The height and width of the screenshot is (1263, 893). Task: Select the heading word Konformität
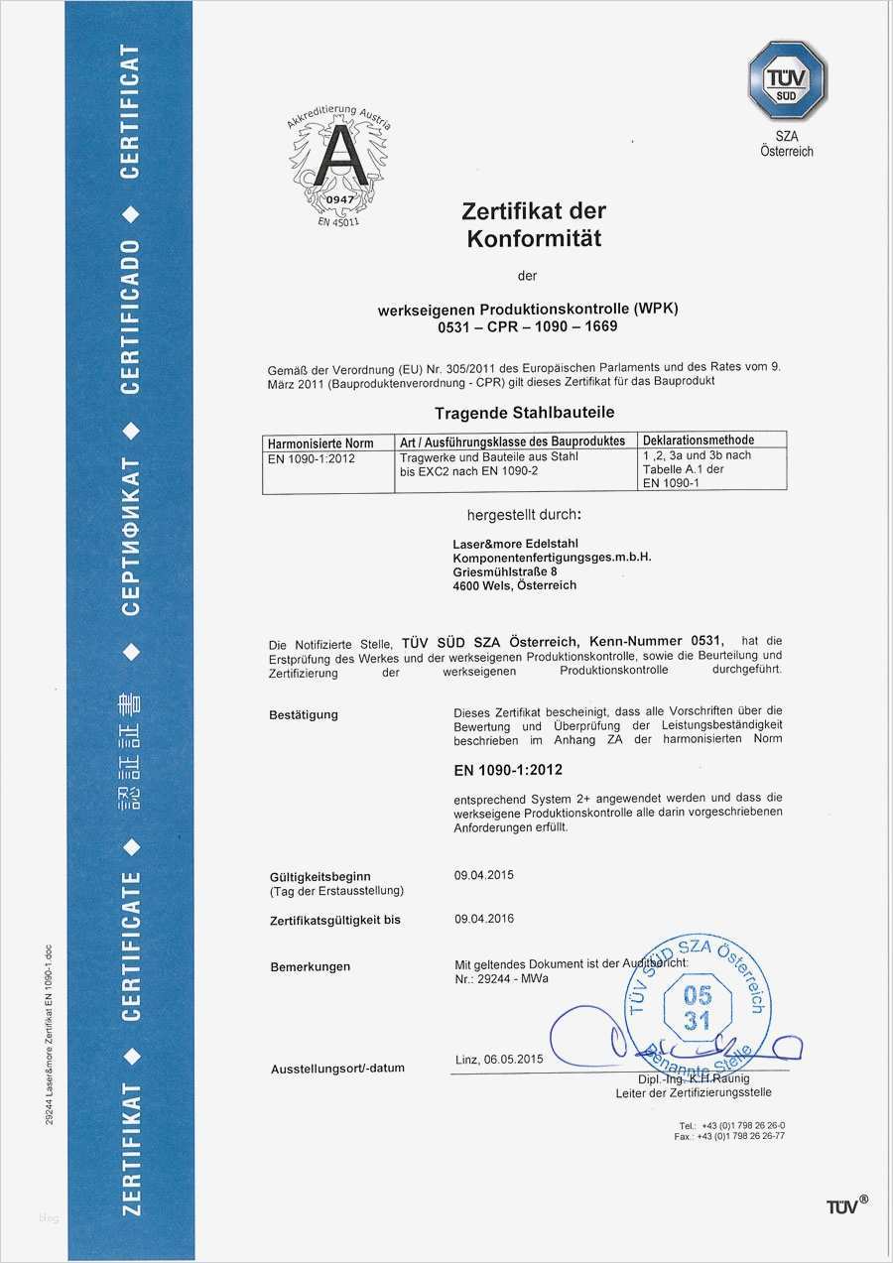534,238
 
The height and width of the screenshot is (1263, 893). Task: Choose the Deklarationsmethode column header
699,441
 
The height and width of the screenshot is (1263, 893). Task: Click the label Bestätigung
304,714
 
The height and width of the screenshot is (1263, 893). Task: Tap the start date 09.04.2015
484,875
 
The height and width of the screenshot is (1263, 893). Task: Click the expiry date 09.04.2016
484,919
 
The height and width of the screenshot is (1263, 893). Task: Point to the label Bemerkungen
310,965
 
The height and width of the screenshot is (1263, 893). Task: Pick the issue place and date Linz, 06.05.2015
500,1058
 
